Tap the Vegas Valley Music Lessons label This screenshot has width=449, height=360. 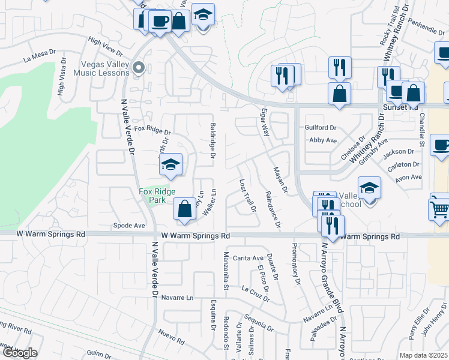101,68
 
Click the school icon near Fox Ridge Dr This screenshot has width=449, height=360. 170,165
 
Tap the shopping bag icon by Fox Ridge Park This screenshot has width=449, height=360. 185,209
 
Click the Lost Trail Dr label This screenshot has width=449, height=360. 247,196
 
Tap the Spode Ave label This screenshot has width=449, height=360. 129,226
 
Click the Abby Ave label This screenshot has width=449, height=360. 323,140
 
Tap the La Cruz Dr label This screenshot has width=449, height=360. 256,292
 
